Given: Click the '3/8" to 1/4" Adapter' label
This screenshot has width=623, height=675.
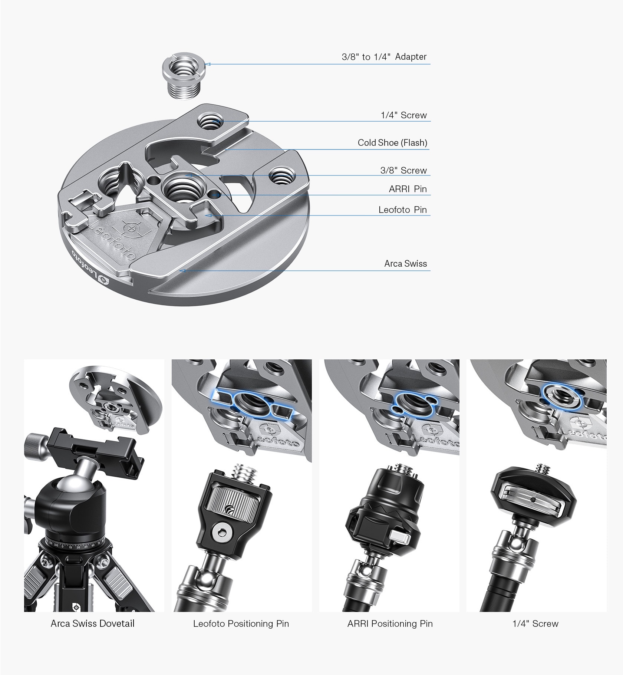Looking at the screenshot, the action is [384, 57].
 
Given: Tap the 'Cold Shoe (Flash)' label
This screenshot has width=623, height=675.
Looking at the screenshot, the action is [392, 143].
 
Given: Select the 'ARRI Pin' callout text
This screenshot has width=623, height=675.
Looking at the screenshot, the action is [408, 189].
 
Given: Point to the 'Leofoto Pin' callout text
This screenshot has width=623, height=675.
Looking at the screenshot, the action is [403, 210].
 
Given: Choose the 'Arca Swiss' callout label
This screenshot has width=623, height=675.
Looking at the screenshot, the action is [406, 264].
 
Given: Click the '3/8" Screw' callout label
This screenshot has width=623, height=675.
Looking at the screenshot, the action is [403, 171].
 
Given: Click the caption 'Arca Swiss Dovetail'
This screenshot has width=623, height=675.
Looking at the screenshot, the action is [93, 623].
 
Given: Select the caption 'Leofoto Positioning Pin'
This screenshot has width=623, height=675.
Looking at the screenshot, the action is [241, 624].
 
